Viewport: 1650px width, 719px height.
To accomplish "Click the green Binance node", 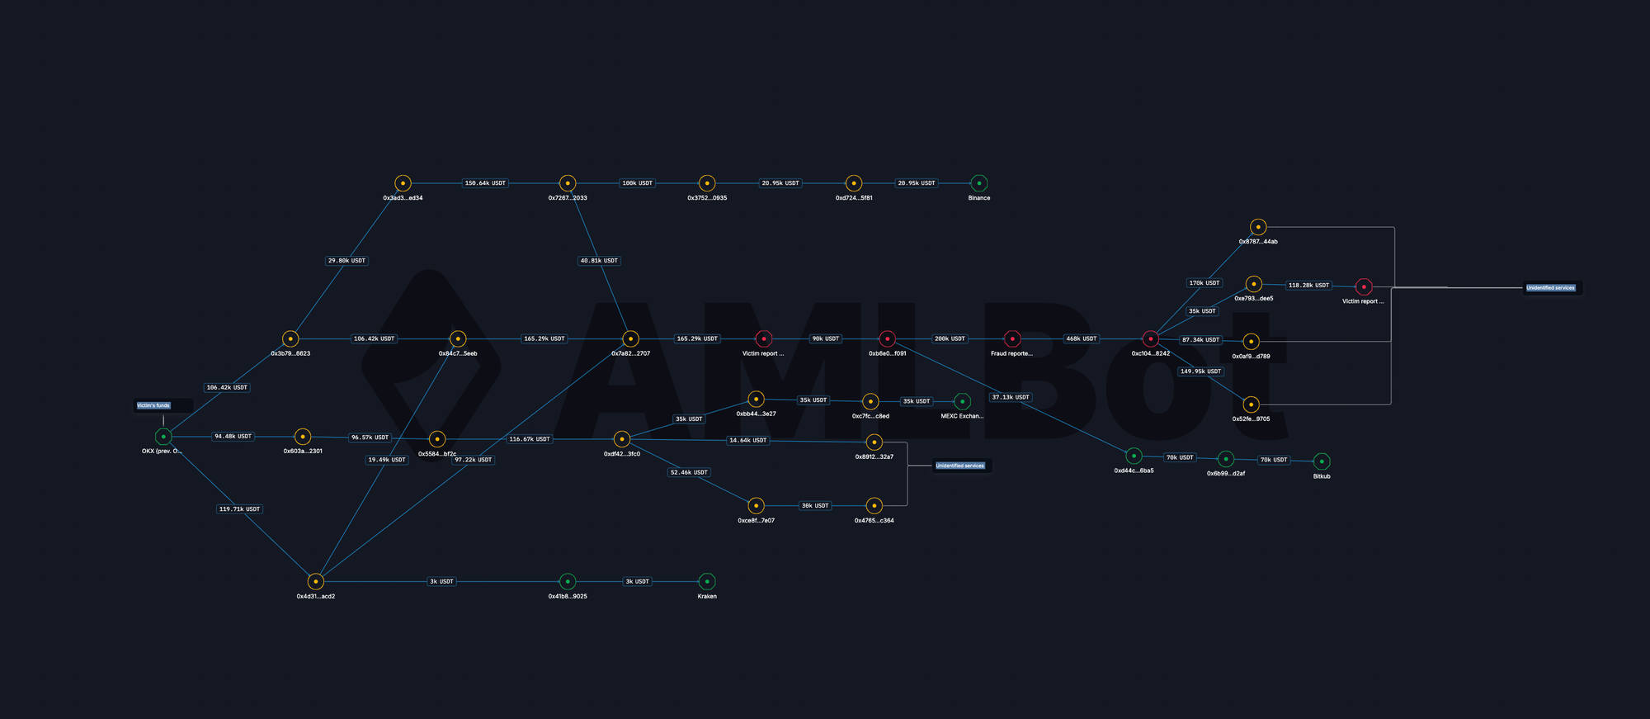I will (978, 183).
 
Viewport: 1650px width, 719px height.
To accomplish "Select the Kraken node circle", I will (706, 581).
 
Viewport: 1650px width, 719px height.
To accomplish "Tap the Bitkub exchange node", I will (1322, 461).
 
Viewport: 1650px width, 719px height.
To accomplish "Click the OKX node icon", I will (163, 437).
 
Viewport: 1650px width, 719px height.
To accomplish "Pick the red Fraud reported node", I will (1012, 338).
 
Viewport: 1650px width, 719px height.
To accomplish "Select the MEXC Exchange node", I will (962, 401).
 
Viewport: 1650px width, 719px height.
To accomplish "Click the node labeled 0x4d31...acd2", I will (315, 581).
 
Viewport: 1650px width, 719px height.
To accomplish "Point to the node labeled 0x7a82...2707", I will (630, 338).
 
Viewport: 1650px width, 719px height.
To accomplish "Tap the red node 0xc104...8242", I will (1150, 338).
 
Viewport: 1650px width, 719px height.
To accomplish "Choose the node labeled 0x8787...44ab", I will (1257, 227).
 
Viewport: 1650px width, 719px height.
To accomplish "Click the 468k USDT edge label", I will (1081, 338).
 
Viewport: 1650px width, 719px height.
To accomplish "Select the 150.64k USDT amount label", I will (485, 183).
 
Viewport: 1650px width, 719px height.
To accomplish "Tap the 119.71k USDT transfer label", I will (239, 509).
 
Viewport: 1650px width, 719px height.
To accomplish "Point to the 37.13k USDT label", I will (1010, 397).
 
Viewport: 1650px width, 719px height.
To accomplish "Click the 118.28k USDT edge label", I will (1308, 286).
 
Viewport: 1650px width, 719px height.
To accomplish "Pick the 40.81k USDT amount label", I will (599, 261).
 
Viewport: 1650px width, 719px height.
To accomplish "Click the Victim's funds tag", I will (153, 405).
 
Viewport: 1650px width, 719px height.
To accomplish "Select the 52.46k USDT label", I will (689, 472).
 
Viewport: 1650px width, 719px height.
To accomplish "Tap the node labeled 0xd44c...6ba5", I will (1134, 456).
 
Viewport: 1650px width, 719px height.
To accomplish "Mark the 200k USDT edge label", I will (950, 338).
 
